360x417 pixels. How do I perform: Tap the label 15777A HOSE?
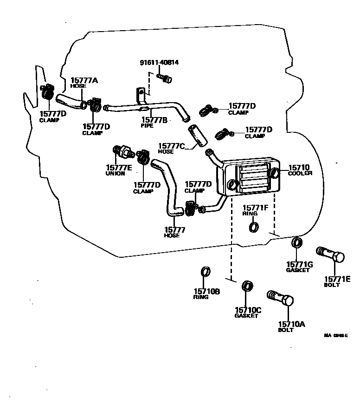coord(84,83)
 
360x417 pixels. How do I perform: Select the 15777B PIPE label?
coord(154,123)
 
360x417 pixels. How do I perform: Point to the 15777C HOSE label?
coord(171,148)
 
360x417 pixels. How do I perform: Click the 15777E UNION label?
coord(119,170)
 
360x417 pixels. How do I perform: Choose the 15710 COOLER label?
coord(299,169)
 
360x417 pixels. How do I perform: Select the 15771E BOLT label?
coord(337,281)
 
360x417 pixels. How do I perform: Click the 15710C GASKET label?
coord(248,313)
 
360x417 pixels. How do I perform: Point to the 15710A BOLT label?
coord(291,326)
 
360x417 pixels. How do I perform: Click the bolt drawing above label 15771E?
coord(330,254)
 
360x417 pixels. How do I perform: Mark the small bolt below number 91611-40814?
coord(164,78)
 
